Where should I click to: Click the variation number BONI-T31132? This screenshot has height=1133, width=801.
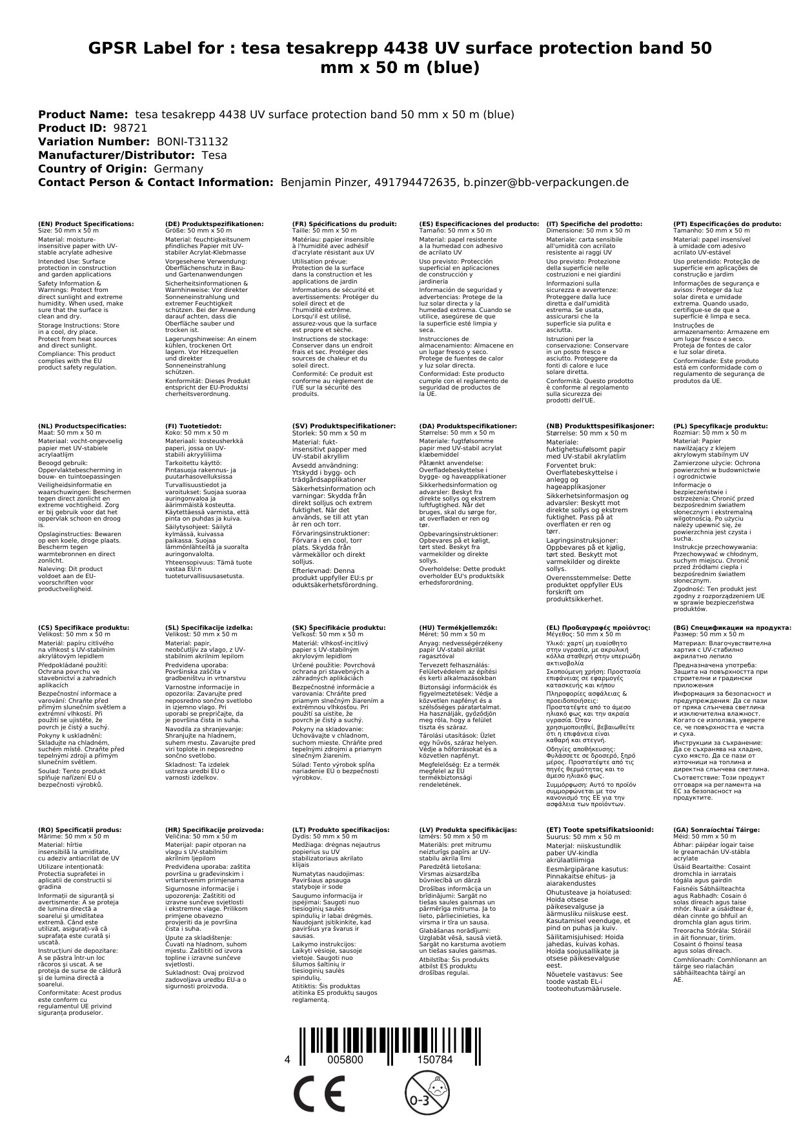click(192, 142)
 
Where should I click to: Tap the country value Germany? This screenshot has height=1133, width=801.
click(178, 169)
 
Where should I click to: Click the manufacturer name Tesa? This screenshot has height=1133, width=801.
click(214, 156)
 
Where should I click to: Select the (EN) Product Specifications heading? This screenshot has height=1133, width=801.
click(86, 224)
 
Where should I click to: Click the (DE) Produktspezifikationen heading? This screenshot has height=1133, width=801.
click(214, 224)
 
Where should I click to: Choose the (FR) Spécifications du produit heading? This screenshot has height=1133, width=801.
click(344, 224)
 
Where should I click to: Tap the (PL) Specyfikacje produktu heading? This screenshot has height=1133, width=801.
click(720, 426)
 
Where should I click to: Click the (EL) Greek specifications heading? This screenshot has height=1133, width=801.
click(598, 627)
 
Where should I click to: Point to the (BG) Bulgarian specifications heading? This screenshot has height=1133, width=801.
click(732, 627)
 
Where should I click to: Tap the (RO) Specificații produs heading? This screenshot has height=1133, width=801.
click(79, 829)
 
